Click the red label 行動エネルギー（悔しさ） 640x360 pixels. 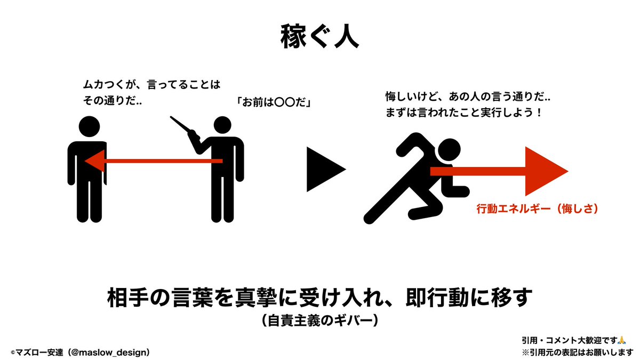point(536,209)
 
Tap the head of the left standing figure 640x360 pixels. point(89,126)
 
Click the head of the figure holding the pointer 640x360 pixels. point(225,126)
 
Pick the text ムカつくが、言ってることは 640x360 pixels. point(151,84)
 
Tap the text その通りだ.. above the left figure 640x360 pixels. point(113,100)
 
